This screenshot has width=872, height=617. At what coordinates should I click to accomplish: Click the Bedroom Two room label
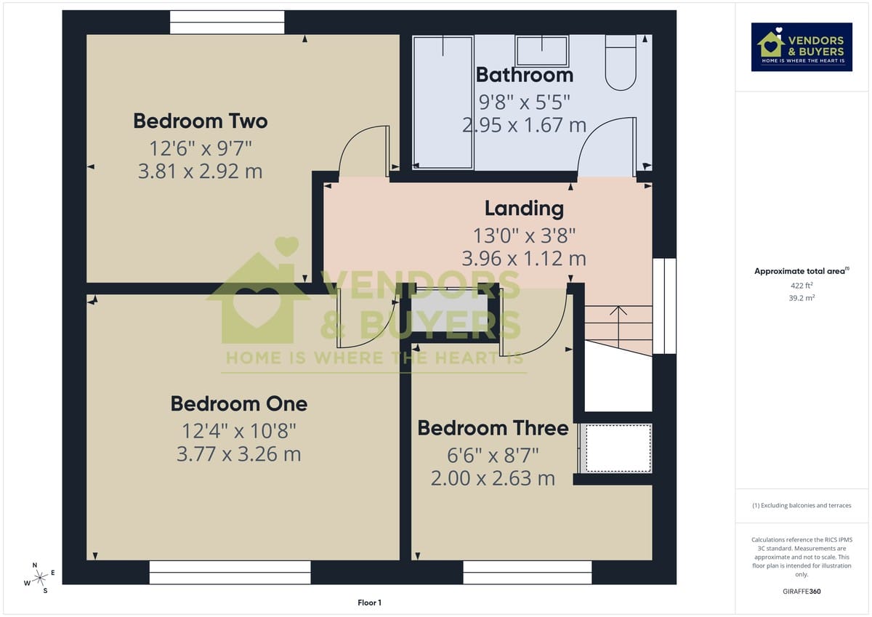click(x=200, y=121)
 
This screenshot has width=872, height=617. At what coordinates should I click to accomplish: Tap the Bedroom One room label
click(x=238, y=403)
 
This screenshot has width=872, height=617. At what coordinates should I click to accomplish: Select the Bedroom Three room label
click(x=493, y=428)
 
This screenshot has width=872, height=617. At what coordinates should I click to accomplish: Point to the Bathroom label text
click(x=524, y=75)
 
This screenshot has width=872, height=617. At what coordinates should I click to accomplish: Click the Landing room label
click(x=524, y=209)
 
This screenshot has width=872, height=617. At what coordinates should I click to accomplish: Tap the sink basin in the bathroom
click(x=542, y=51)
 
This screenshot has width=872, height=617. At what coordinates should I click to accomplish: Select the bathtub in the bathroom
click(x=443, y=101)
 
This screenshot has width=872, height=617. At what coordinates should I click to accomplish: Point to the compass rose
click(x=39, y=577)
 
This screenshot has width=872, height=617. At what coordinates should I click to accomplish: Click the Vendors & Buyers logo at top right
click(x=802, y=47)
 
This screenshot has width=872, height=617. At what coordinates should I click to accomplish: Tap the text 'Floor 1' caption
click(x=369, y=602)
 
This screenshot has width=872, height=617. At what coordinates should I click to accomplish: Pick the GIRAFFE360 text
click(x=802, y=592)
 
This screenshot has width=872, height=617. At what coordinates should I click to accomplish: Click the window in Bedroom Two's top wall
click(x=227, y=23)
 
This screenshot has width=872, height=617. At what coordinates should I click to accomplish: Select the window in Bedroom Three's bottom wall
click(x=527, y=573)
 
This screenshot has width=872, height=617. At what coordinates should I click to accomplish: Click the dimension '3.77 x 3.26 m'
click(x=238, y=454)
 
